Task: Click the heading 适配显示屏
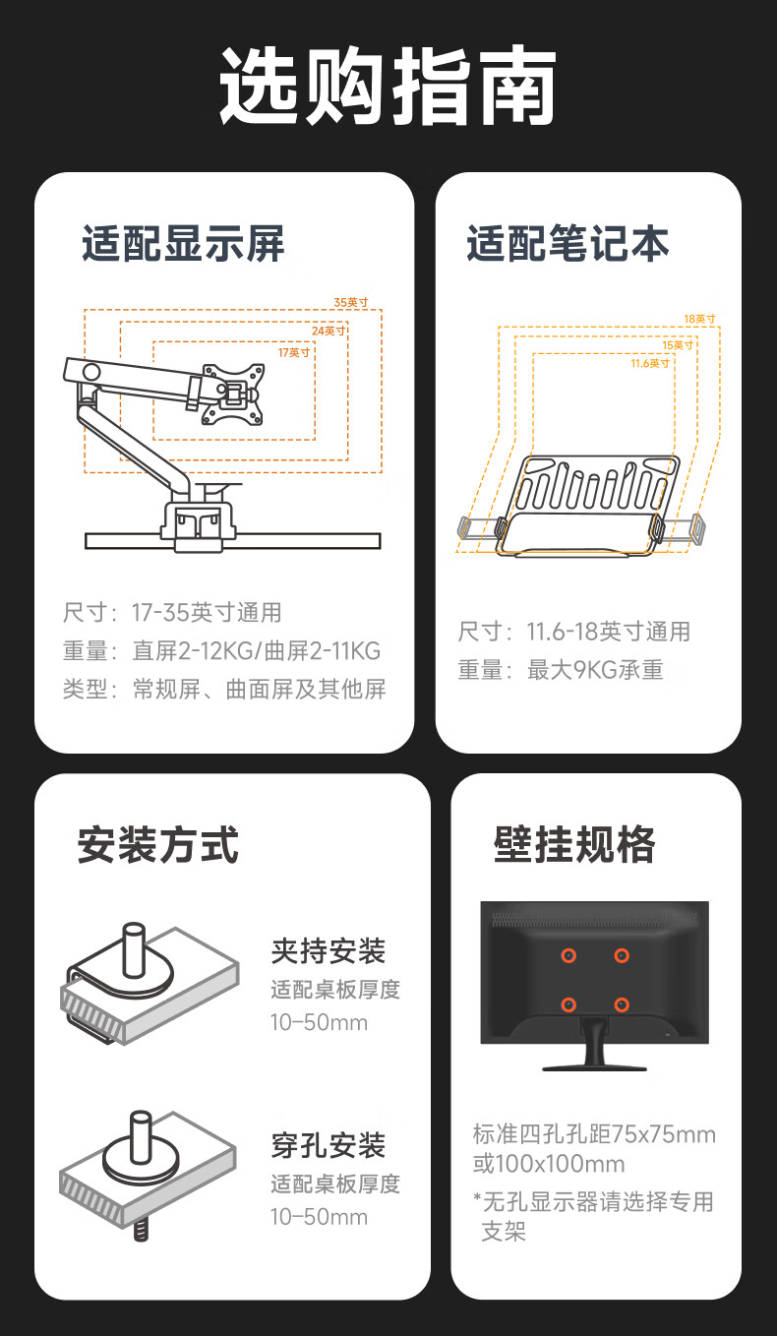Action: (x=184, y=244)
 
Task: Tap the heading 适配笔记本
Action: (x=568, y=244)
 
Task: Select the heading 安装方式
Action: (x=158, y=845)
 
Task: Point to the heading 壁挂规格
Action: (x=574, y=845)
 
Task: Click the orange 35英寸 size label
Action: (x=351, y=302)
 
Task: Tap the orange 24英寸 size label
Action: (x=329, y=331)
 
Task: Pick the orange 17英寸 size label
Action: (x=294, y=352)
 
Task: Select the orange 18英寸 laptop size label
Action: (x=699, y=319)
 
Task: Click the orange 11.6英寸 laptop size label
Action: (x=650, y=363)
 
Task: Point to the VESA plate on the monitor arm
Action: (x=233, y=395)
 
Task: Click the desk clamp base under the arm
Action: (x=197, y=526)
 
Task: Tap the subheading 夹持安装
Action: (x=329, y=950)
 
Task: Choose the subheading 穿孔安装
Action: (x=329, y=1145)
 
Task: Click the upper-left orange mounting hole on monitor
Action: (x=568, y=955)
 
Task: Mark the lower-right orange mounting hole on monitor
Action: (x=622, y=1005)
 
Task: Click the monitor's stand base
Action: (x=594, y=1067)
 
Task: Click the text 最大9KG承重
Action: (x=595, y=670)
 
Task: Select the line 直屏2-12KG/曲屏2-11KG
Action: (x=257, y=650)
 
